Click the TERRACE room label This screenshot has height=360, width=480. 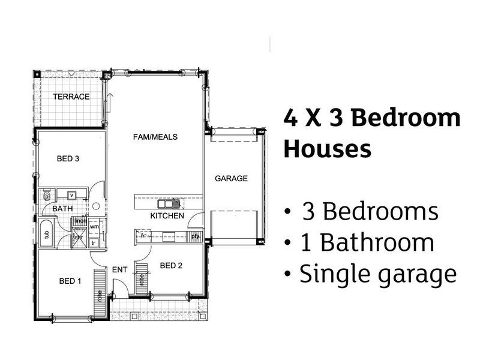[71, 97]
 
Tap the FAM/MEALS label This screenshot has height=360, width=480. [155, 137]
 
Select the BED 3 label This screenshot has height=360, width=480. [68, 159]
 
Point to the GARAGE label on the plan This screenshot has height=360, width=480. [231, 178]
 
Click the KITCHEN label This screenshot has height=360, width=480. [163, 216]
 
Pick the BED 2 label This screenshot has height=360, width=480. [171, 265]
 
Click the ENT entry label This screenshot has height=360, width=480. [119, 270]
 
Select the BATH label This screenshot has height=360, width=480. [62, 208]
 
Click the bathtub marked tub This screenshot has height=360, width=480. [46, 233]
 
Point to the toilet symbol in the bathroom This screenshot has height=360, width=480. [46, 195]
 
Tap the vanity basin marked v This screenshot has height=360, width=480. [71, 195]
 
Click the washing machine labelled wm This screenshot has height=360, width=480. [94, 227]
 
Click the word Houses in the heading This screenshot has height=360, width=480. [327, 148]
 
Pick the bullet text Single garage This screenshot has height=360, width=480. [370, 274]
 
